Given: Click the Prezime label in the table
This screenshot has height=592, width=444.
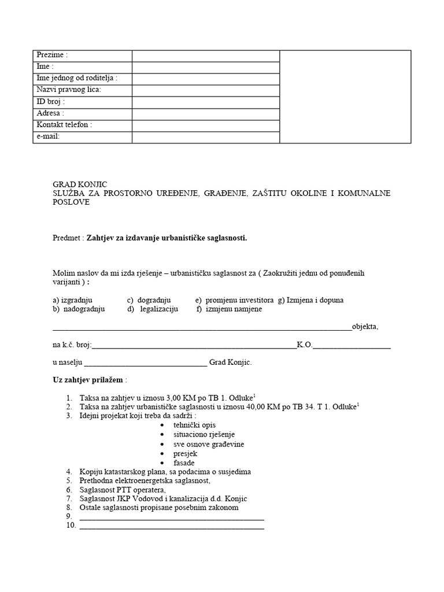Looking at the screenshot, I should [52, 55].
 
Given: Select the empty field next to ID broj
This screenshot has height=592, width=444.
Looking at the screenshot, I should [205, 102].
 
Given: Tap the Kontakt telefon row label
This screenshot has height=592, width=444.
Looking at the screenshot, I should [64, 125].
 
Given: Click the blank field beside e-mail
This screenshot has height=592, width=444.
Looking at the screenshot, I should [205, 137].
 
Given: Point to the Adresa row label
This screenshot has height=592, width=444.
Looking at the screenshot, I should [50, 113].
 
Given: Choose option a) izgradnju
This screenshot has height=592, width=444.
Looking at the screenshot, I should [72, 300].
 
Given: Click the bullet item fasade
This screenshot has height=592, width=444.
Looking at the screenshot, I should [184, 462].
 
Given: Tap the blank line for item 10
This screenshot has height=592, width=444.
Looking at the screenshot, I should [171, 526].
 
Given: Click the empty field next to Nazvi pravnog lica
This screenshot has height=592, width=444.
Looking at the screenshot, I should [205, 90].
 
